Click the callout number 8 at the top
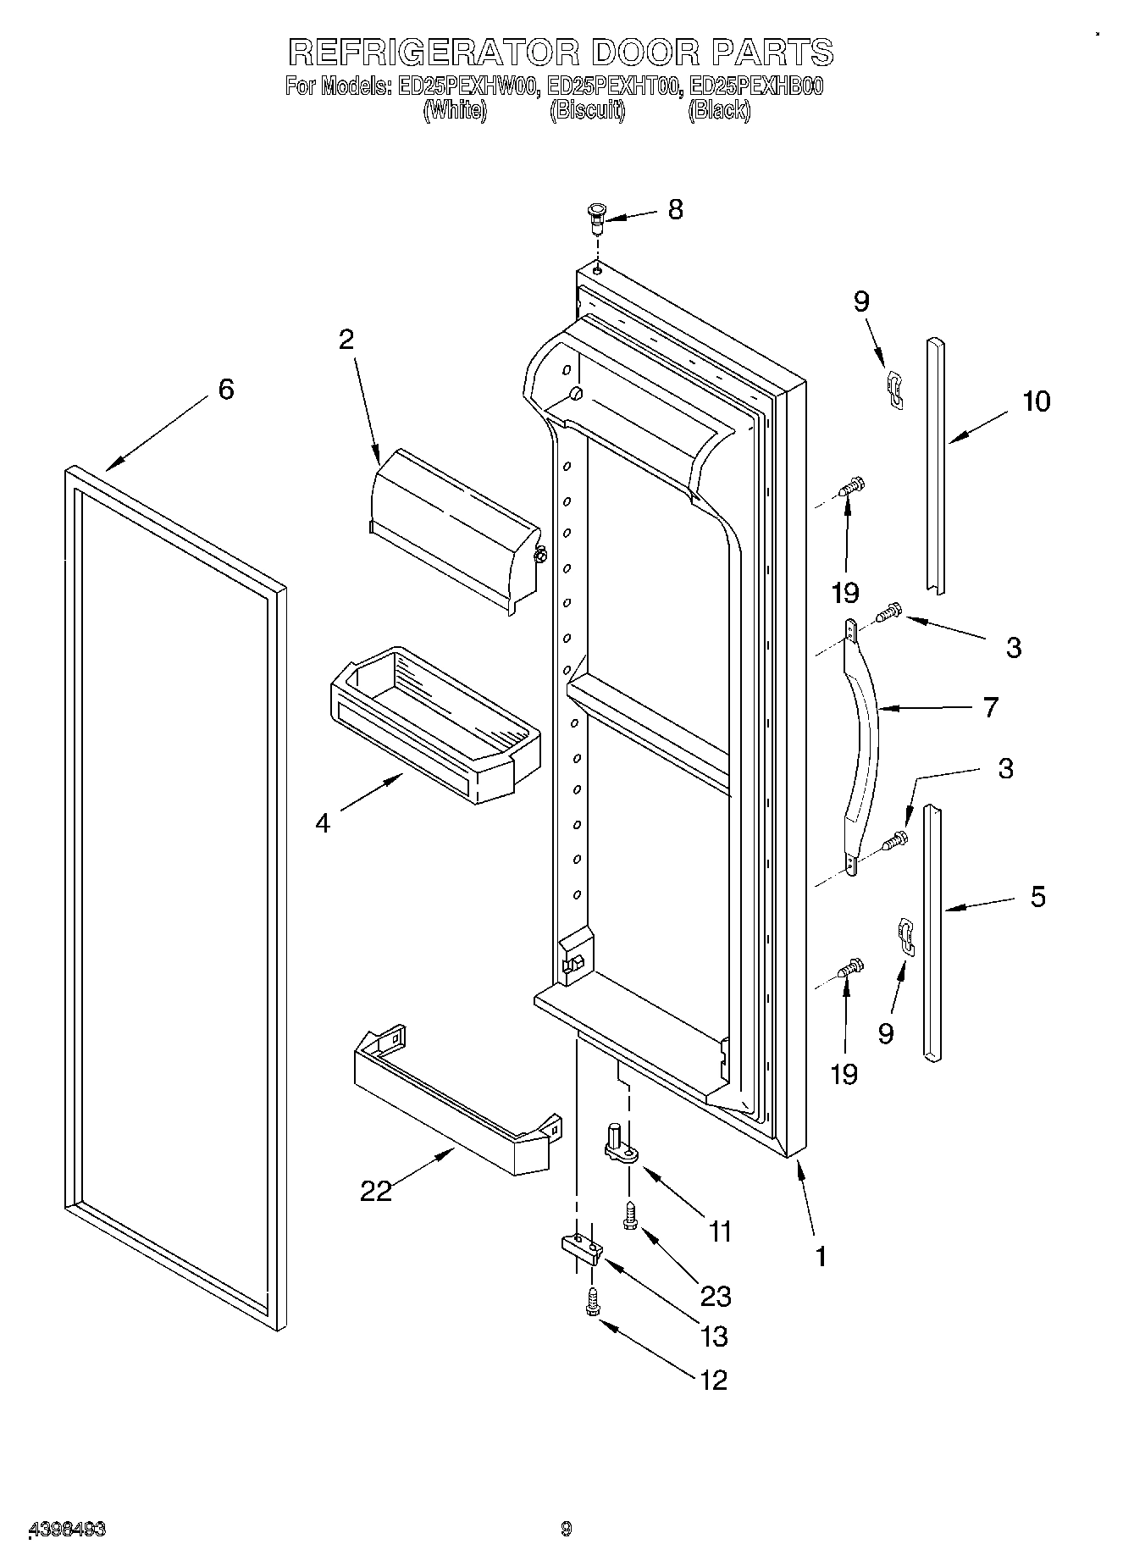(x=675, y=209)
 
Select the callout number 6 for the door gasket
(x=225, y=390)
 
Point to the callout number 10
(x=1036, y=401)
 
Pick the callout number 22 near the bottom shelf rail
(x=376, y=1190)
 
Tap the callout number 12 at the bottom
(x=714, y=1381)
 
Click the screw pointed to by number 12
(x=592, y=1303)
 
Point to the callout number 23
(x=715, y=1296)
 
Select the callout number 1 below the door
(x=820, y=1256)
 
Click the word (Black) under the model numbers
(x=718, y=109)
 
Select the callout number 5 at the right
(x=1037, y=896)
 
